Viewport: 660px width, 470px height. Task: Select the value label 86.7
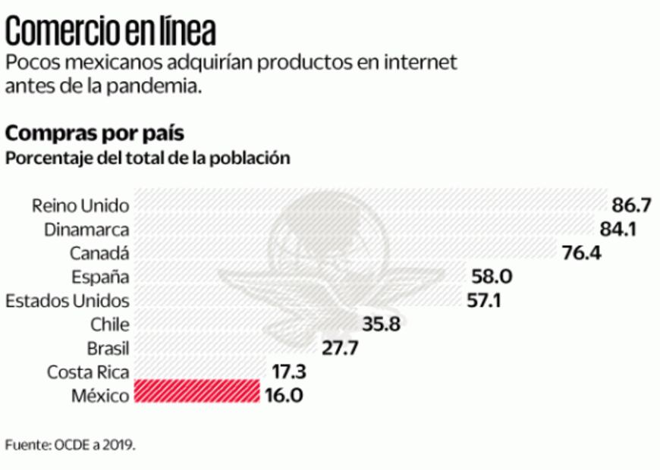click(x=633, y=205)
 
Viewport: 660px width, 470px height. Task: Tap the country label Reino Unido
click(x=80, y=205)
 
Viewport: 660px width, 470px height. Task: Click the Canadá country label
click(x=99, y=252)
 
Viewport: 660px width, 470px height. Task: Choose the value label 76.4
click(x=582, y=253)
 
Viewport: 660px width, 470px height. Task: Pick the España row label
click(x=100, y=276)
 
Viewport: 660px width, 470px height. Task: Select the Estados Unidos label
click(x=67, y=300)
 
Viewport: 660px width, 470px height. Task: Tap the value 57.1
click(x=483, y=301)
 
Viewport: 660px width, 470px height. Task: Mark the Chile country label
click(x=110, y=324)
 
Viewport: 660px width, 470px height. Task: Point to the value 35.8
click(x=382, y=324)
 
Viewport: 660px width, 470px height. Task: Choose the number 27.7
click(x=338, y=349)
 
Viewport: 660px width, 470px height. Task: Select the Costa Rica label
click(x=88, y=371)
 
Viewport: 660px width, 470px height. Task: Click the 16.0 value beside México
click(x=284, y=396)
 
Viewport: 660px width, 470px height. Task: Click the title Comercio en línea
click(x=111, y=32)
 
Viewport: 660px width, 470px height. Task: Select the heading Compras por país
click(x=94, y=133)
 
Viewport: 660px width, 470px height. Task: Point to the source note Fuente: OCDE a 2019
click(x=71, y=445)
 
